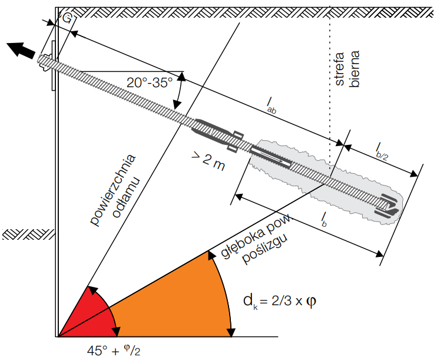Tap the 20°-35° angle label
[x=150, y=83]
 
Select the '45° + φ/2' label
[x=114, y=350]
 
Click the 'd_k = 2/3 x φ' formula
[x=280, y=302]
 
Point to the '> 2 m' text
[x=208, y=161]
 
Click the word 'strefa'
[x=339, y=68]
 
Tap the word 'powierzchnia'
[x=113, y=190]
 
